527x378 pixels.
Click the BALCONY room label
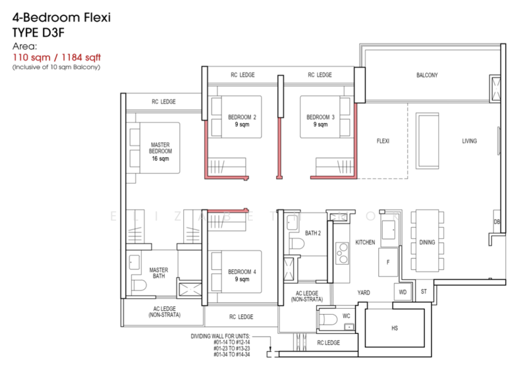point(427,75)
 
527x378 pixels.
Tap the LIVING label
point(469,141)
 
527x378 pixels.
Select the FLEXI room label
point(385,141)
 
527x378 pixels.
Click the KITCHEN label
point(365,242)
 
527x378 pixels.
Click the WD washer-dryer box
point(402,290)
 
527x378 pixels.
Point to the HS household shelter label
point(395,327)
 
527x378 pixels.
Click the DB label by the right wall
point(497,223)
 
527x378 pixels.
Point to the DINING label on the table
point(427,243)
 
